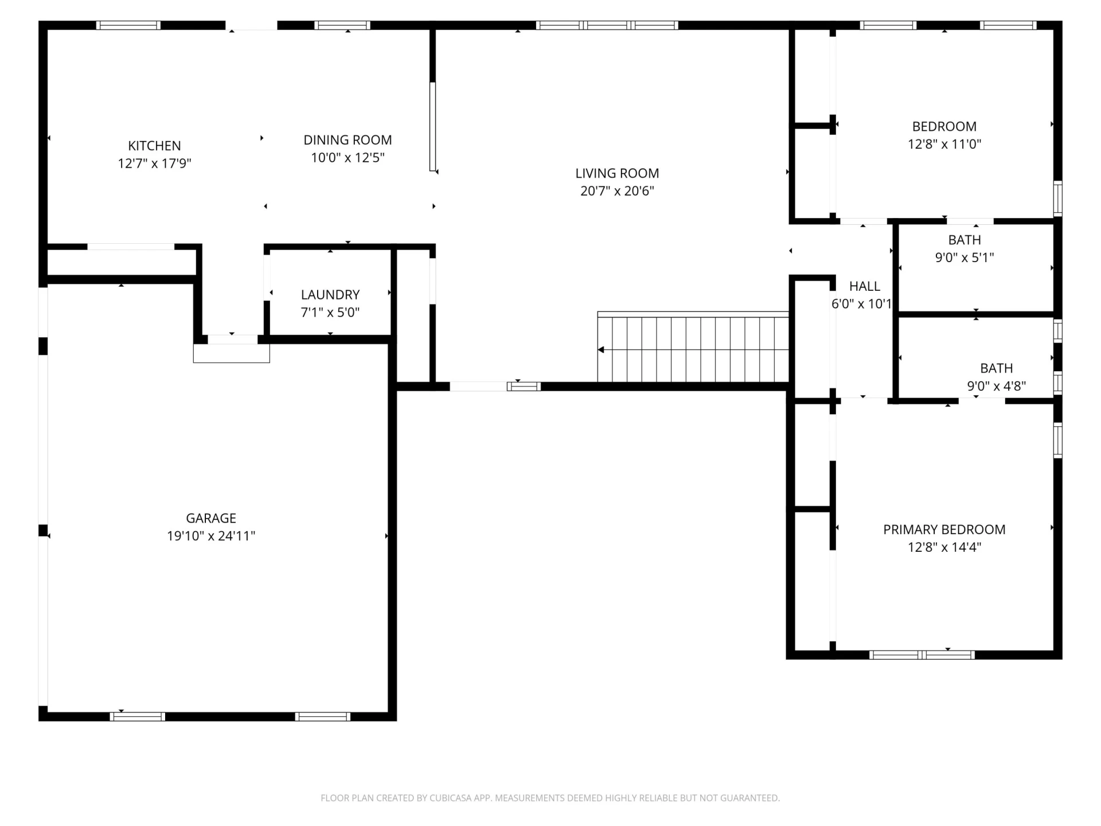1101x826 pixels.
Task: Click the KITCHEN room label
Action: (x=154, y=146)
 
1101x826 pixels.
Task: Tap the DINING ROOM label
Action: (x=348, y=140)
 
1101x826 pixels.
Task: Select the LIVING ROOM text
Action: (x=617, y=173)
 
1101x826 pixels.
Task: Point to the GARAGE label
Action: (x=211, y=518)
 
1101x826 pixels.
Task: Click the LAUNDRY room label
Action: (x=330, y=295)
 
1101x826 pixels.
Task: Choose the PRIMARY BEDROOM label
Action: (x=944, y=529)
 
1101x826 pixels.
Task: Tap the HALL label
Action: (x=864, y=286)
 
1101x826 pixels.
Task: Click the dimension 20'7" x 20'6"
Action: (x=617, y=191)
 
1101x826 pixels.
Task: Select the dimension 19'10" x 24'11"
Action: (x=211, y=536)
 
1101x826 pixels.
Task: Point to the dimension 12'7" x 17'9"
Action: (x=154, y=163)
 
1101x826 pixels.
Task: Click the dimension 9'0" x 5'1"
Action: (x=965, y=258)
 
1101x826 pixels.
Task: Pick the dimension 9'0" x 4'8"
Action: (x=997, y=386)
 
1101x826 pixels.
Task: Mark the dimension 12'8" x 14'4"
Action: (x=944, y=547)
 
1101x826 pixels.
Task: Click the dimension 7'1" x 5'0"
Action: (x=330, y=313)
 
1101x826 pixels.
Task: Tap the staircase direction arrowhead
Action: (x=601, y=350)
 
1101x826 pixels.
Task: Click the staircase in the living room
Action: (x=693, y=347)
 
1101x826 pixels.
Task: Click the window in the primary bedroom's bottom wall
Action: (x=922, y=655)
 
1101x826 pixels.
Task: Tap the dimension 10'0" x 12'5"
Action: (x=348, y=158)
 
